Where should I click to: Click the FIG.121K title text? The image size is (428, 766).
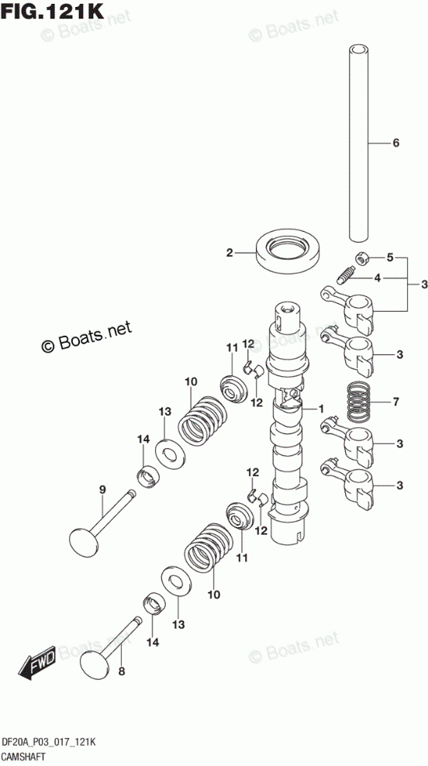(x=52, y=11)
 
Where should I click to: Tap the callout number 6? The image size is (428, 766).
(x=395, y=143)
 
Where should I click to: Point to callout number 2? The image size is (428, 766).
(x=230, y=253)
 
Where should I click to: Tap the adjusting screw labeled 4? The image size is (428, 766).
(x=345, y=275)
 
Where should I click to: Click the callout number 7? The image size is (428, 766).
(x=395, y=402)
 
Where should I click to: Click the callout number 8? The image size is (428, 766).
(x=122, y=671)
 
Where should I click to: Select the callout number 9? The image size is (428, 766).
(x=102, y=489)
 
